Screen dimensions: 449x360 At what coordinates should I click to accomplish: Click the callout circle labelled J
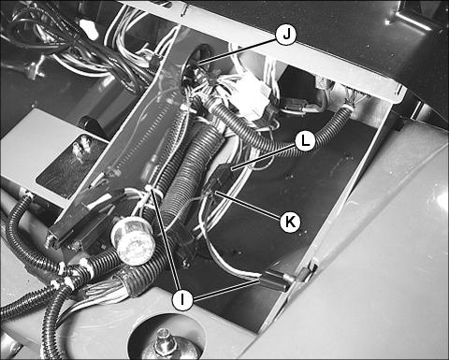[286, 35]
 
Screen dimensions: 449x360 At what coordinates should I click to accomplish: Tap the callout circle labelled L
[305, 141]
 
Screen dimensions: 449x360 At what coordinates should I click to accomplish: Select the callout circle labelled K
[290, 222]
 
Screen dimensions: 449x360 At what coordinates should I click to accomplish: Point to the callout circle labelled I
[182, 299]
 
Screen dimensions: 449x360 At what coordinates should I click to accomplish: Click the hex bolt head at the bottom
[164, 342]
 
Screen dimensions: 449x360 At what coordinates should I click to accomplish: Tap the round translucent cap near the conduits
[133, 241]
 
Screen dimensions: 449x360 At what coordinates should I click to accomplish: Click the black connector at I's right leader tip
[275, 281]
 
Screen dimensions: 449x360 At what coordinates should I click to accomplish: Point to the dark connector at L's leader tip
[224, 171]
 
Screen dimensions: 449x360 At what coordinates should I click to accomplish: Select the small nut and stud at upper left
[31, 71]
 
